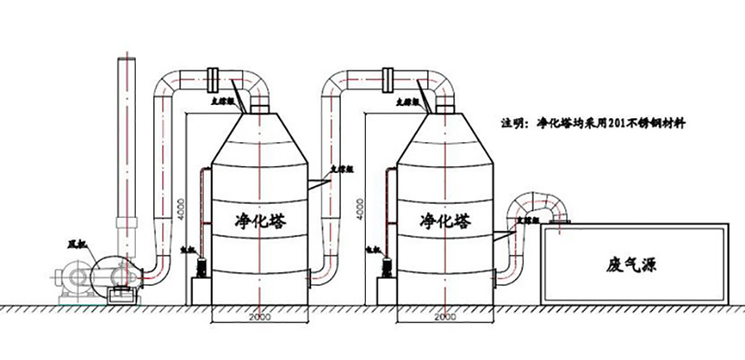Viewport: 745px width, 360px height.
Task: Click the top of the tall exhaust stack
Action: click(127, 63)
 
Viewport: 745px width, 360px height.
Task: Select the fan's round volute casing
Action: click(113, 274)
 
